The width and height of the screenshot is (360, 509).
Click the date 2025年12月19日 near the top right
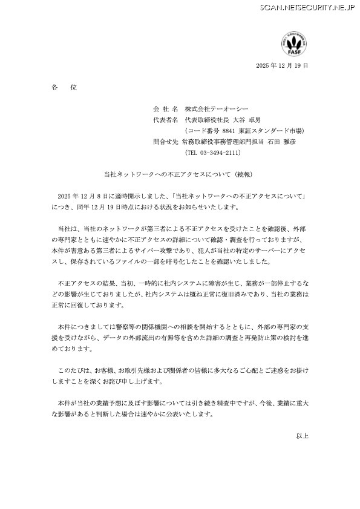coord(282,65)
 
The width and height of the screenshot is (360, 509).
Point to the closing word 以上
coord(302,436)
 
